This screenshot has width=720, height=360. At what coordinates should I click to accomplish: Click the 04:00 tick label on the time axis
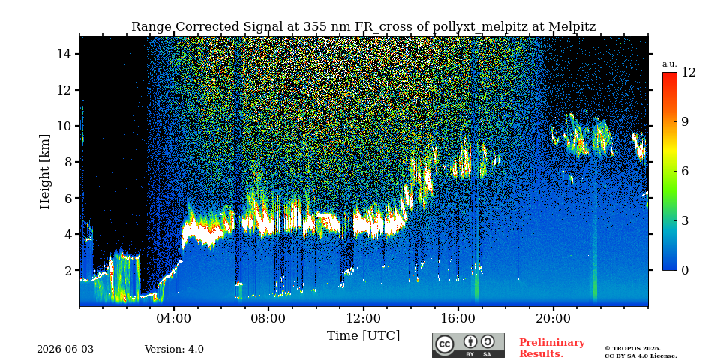173,318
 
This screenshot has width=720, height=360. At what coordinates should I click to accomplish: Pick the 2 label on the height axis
68,270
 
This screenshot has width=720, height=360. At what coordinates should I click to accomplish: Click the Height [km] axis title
44,172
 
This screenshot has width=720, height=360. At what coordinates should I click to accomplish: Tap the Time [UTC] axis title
363,336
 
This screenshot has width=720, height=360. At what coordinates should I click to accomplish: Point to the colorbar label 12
688,73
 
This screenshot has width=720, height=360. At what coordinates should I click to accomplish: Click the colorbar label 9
685,121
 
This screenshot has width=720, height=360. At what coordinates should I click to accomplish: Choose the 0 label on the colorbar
685,270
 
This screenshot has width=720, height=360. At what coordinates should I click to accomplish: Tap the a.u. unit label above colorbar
669,64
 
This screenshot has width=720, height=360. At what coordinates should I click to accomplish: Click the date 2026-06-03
65,349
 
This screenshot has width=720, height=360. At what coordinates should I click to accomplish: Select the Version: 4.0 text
174,349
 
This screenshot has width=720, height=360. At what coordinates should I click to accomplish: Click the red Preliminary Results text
552,348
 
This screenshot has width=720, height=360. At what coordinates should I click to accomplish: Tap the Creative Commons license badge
468,345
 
